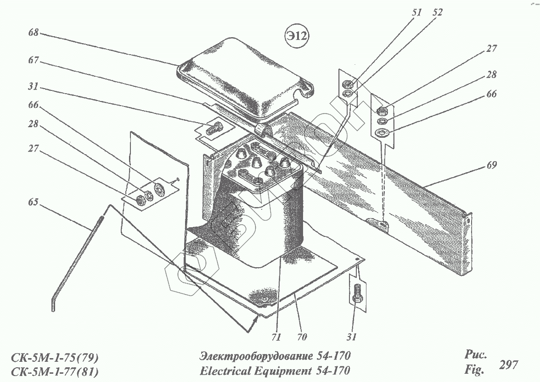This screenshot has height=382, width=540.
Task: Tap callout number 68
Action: (33, 33)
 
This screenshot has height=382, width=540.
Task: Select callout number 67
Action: (33, 60)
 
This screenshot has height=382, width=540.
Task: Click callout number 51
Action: (416, 13)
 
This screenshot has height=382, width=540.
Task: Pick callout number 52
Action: (437, 13)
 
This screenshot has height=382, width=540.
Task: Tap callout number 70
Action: (301, 337)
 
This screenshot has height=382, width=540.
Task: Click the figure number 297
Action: (508, 365)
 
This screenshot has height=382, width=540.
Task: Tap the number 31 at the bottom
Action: (352, 337)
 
